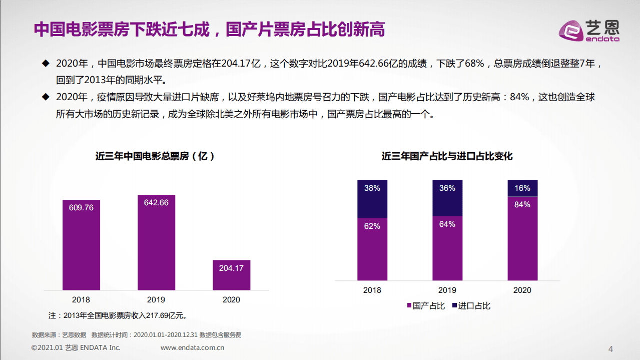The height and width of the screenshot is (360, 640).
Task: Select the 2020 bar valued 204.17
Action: (x=231, y=275)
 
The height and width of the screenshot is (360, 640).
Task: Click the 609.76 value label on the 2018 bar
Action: (x=81, y=207)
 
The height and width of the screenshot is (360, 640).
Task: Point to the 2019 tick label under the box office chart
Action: (x=156, y=299)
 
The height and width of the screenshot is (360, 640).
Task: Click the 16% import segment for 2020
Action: (x=522, y=188)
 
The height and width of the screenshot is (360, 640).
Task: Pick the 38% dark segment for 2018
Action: (x=372, y=199)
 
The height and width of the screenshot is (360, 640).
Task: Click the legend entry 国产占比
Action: (x=425, y=305)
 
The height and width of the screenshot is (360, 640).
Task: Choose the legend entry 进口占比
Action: (x=471, y=305)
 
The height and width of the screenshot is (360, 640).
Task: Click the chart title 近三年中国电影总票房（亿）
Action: (x=156, y=156)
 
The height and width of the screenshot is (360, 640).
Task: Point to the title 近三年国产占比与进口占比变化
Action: (x=447, y=156)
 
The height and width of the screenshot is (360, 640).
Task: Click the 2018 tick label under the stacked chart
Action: (x=372, y=290)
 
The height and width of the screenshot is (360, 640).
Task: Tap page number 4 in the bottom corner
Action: (x=610, y=349)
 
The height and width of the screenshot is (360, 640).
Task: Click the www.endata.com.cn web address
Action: (x=192, y=347)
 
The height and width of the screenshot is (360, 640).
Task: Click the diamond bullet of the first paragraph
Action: (x=46, y=64)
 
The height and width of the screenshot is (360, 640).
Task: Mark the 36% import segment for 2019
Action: (x=447, y=198)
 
